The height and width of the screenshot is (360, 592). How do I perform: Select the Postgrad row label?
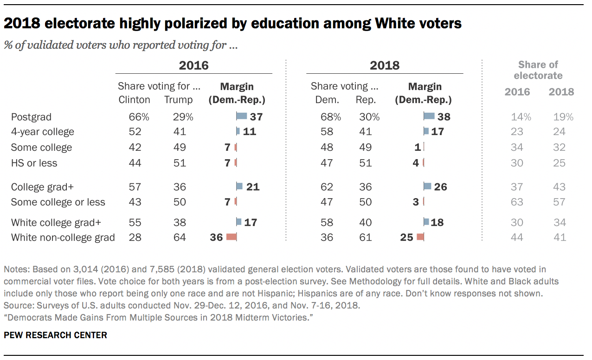[31, 117]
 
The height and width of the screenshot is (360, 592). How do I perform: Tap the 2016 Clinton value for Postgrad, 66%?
[139, 117]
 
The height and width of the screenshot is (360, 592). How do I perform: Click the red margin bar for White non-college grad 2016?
[231, 237]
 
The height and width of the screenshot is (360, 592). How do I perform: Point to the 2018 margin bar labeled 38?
[429, 117]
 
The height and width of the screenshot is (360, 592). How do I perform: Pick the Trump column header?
[179, 100]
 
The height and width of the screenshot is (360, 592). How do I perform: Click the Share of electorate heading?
[538, 70]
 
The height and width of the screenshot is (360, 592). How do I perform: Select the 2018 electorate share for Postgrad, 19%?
[561, 117]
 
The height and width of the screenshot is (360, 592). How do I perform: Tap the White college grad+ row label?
[56, 222]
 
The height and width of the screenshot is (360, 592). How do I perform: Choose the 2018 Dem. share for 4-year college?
[327, 132]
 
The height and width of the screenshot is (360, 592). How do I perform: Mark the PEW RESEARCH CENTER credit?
[55, 335]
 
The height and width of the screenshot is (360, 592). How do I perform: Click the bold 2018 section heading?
[385, 65]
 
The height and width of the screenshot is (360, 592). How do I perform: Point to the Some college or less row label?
[58, 202]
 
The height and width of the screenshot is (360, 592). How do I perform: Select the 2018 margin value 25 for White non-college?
[406, 238]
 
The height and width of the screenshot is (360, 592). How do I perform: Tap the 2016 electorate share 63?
[517, 202]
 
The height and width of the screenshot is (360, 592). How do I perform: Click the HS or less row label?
[34, 163]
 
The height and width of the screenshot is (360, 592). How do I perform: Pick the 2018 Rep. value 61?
[365, 238]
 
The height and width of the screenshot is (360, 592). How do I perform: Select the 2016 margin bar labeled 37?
[241, 117]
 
